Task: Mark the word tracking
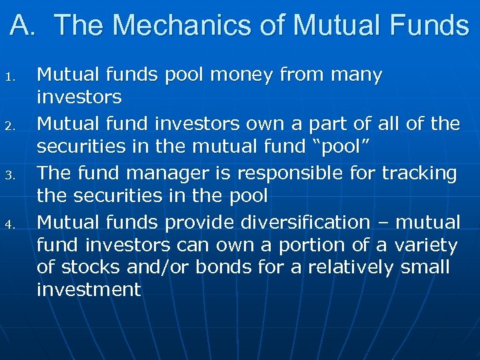pos(419,173)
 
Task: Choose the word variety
pos(427,246)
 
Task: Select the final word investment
pos(89,290)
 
